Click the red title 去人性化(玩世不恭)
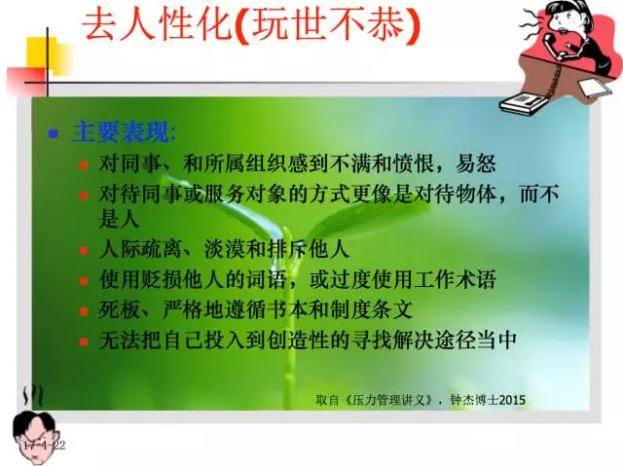click(x=251, y=24)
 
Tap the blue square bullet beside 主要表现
click(x=54, y=133)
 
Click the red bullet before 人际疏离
click(x=84, y=251)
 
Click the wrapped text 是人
click(x=119, y=219)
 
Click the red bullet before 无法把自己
click(x=84, y=341)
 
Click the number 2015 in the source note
click(x=512, y=400)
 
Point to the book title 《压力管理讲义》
click(x=388, y=400)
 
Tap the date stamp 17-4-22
click(x=44, y=445)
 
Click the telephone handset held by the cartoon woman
click(x=554, y=45)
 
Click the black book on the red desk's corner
click(x=524, y=103)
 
